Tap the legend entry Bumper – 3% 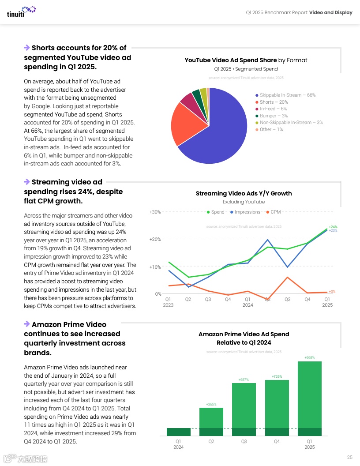point(274,116)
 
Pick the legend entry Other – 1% point(271,129)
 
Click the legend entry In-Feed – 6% point(273,109)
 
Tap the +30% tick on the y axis point(155,212)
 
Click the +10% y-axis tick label point(155,267)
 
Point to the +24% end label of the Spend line point(333,227)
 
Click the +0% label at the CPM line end point(332,292)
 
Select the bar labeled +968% point(310,397)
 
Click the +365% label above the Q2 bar point(211,404)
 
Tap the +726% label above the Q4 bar point(277,376)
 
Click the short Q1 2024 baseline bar point(179,432)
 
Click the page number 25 point(349,457)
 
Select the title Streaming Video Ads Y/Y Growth point(244,193)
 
